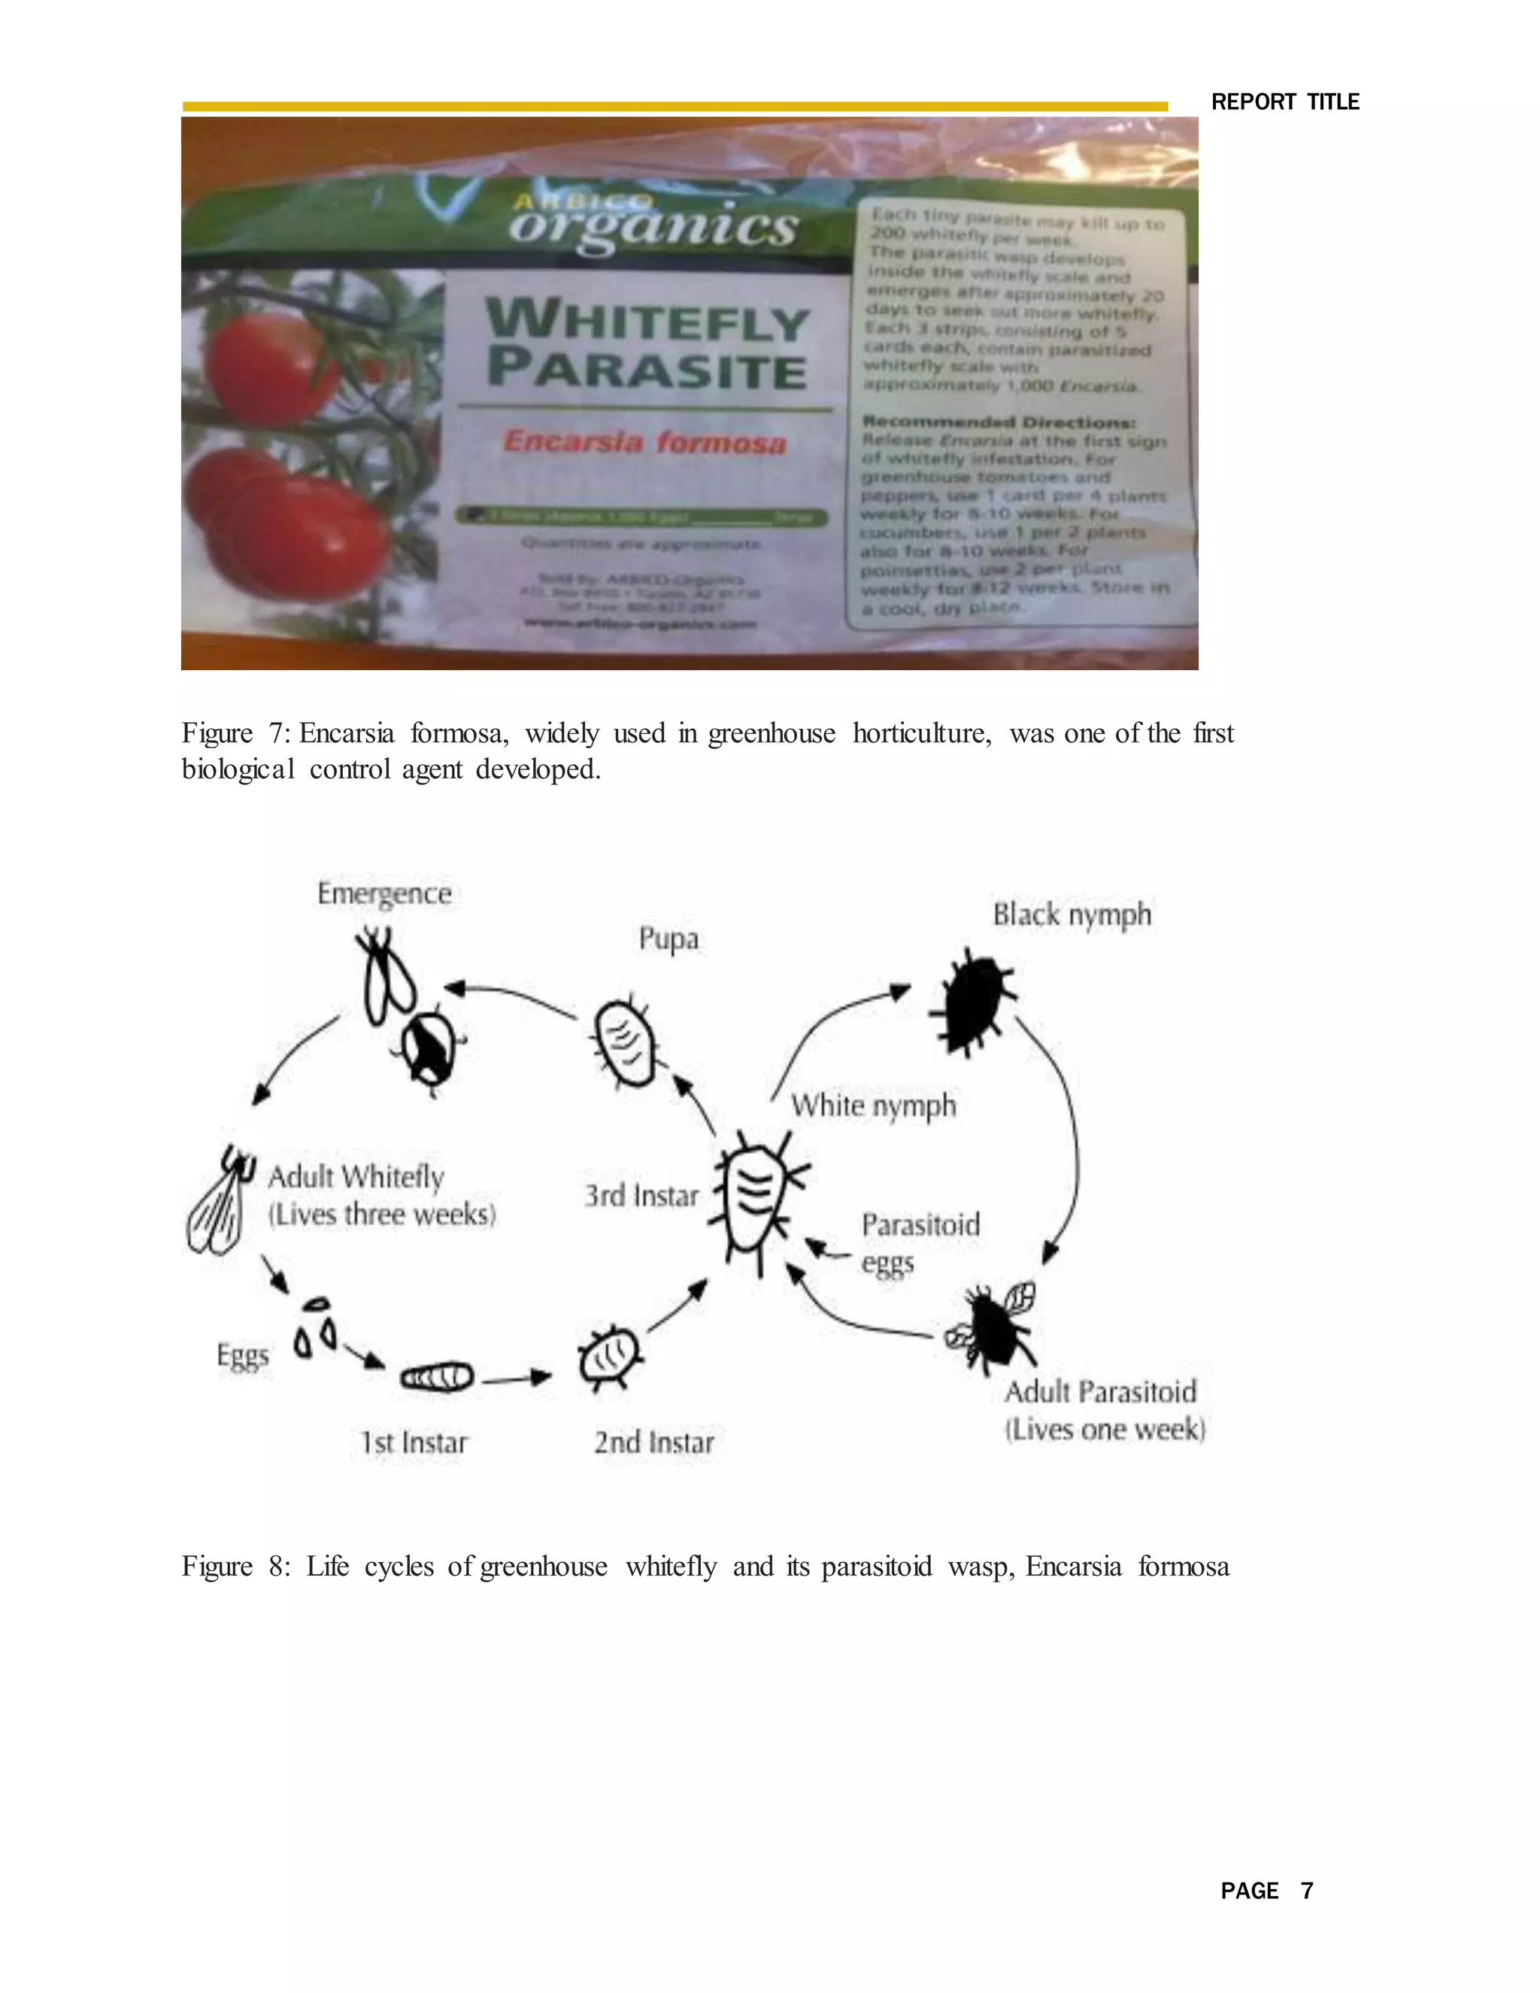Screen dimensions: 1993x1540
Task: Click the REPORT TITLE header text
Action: pyautogui.click(x=1284, y=102)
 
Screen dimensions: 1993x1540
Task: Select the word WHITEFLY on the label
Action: pyautogui.click(x=647, y=322)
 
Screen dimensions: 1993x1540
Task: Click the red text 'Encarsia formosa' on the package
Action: pyautogui.click(x=644, y=442)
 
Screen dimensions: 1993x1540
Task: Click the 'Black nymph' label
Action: pyautogui.click(x=1072, y=915)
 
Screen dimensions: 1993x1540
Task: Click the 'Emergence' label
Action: pyautogui.click(x=384, y=893)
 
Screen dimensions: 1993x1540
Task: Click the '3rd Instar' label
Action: pyautogui.click(x=641, y=1196)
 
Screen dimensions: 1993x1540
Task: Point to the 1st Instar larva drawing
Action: pyautogui.click(x=438, y=1376)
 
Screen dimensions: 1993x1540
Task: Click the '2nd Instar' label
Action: pyautogui.click(x=654, y=1442)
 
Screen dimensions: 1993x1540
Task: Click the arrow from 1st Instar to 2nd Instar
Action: pyautogui.click(x=517, y=1378)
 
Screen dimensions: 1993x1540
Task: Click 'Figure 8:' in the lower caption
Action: pyautogui.click(x=235, y=1566)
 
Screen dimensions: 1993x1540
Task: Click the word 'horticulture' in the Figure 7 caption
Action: pyautogui.click(x=921, y=734)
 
